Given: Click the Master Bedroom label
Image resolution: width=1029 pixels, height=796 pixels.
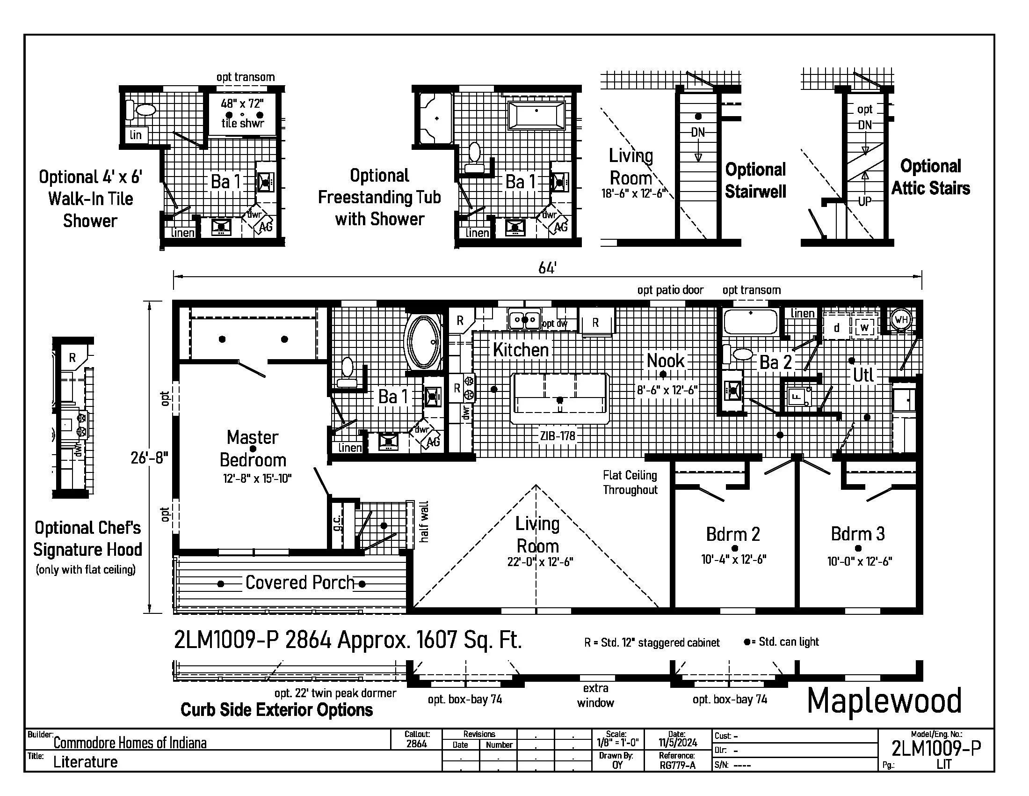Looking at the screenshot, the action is (253, 449).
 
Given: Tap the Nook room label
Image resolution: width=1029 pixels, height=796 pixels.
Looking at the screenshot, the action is (665, 361).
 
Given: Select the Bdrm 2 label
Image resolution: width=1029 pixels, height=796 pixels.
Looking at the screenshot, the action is (732, 534).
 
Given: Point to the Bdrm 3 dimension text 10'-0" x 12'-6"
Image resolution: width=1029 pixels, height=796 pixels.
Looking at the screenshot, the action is (859, 561).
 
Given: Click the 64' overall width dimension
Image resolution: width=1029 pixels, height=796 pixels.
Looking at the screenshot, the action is (547, 268).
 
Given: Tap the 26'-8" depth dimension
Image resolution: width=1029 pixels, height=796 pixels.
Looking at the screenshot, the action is (149, 457).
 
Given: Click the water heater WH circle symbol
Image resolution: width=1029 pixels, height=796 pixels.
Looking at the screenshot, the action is (901, 320).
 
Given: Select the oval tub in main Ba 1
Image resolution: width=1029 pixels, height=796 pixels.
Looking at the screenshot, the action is (423, 341).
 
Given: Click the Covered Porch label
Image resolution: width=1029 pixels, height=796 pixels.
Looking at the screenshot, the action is (300, 582).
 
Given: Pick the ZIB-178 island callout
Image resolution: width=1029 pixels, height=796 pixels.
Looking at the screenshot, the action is (558, 436).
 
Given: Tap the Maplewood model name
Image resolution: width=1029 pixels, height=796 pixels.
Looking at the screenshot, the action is (884, 701).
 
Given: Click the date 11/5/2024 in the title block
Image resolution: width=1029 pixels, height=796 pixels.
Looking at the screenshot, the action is (678, 743).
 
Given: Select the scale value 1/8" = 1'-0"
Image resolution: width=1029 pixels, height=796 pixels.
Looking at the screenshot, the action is (617, 743).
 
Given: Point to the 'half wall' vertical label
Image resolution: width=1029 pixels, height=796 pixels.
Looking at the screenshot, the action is (424, 521).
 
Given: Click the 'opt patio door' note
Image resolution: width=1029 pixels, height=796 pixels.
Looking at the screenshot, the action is (670, 290).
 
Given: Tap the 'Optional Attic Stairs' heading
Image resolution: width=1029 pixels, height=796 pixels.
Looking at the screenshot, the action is (930, 177).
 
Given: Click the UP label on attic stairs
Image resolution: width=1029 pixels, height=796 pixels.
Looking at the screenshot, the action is (864, 201).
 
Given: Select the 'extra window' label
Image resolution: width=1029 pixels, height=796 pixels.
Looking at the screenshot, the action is (595, 695).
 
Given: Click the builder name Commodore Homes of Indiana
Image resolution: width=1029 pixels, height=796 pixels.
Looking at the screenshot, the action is (130, 743).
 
